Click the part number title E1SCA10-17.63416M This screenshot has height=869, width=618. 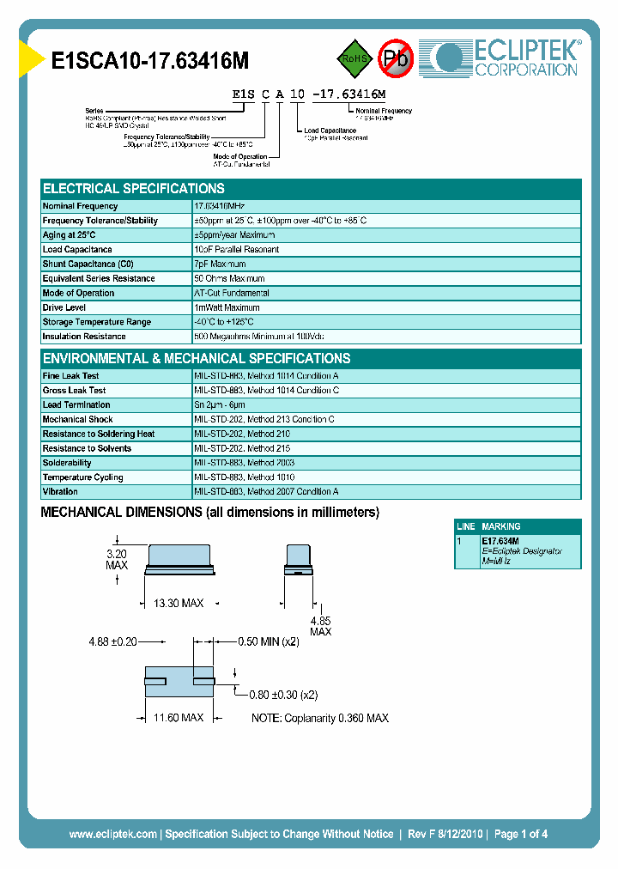click(150, 60)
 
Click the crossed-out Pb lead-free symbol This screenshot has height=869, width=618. click(396, 58)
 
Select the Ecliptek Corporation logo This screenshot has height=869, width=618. click(506, 58)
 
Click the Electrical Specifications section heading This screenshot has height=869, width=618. click(134, 189)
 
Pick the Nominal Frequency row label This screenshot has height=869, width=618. click(80, 206)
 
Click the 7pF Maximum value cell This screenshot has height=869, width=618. click(220, 264)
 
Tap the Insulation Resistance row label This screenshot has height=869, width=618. click(85, 337)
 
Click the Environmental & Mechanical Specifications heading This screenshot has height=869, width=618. click(197, 359)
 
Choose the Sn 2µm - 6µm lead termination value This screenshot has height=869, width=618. click(220, 405)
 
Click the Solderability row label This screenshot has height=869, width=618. click(67, 463)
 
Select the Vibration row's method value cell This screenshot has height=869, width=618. click(266, 492)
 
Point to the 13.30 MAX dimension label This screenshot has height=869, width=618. click(179, 604)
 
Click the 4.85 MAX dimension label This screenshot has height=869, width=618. click(320, 626)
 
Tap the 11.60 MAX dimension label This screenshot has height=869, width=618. click(179, 717)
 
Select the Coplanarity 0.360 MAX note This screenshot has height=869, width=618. click(320, 718)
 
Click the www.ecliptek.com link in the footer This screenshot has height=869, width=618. click(112, 834)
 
